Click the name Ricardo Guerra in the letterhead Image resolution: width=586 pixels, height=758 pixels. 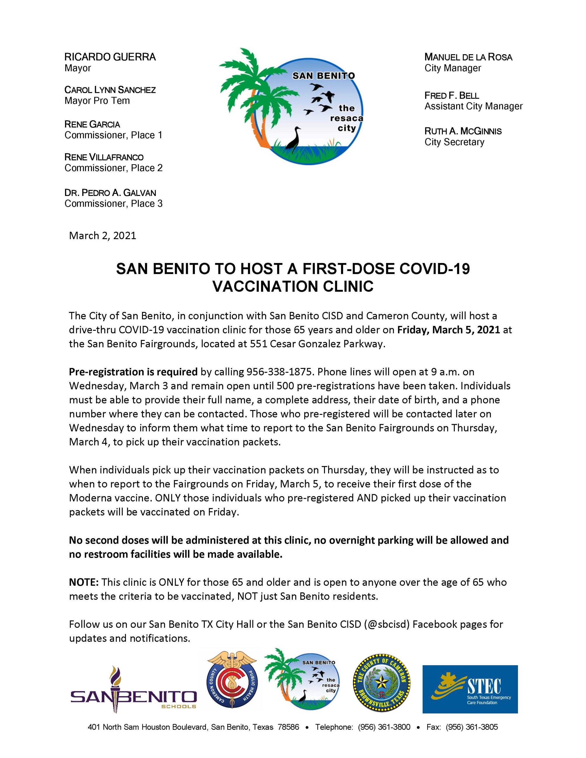(x=110, y=57)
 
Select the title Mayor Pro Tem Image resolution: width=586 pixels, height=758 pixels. (x=97, y=101)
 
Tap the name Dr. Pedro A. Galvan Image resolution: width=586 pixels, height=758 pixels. (x=110, y=193)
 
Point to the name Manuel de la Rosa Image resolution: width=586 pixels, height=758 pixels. (x=468, y=57)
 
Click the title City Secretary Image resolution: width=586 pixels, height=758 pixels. (x=454, y=142)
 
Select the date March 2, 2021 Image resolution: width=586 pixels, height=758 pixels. (x=102, y=236)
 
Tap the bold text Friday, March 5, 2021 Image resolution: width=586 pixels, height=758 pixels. (x=449, y=330)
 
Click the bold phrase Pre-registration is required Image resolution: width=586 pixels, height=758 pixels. (x=133, y=372)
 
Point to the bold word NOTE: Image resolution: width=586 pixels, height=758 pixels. (x=84, y=582)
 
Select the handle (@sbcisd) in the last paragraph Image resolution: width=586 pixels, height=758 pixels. (x=387, y=624)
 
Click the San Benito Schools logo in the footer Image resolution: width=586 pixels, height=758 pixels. (x=134, y=690)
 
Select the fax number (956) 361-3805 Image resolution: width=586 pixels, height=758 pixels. (x=471, y=727)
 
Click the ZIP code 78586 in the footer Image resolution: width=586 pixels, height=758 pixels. (x=288, y=727)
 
